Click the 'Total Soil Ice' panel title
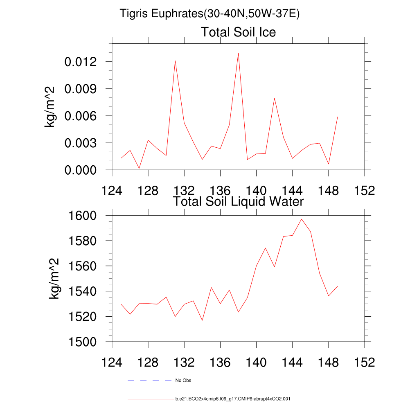(238, 32)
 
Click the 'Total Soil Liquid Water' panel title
(238, 201)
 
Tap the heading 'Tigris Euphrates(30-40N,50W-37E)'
(209, 14)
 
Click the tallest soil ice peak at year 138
(238, 53)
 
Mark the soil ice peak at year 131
(175, 61)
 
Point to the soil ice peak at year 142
(275, 98)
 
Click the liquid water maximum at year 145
(302, 219)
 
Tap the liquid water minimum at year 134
(202, 320)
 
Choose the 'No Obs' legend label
(183, 381)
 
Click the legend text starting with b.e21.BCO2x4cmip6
(232, 399)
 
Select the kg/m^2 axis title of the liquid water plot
(54, 278)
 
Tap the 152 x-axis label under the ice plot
(365, 191)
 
